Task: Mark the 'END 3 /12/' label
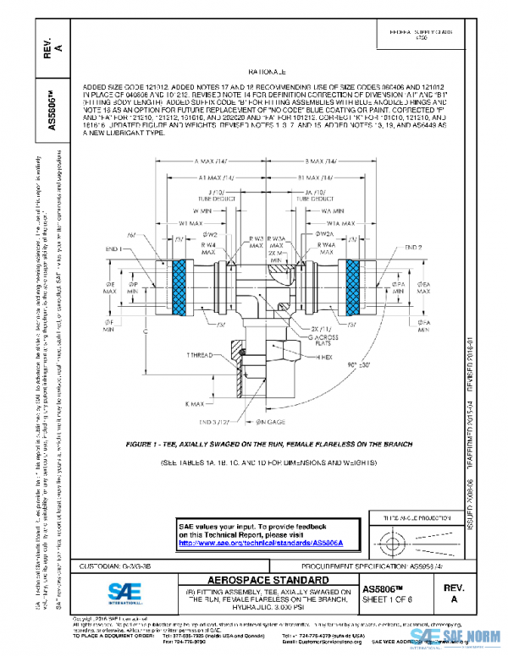pos(232,419)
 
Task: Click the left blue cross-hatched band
pos(179,285)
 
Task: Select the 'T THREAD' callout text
pos(201,357)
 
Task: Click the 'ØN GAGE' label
pos(273,420)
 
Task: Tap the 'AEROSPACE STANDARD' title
pos(268,580)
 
